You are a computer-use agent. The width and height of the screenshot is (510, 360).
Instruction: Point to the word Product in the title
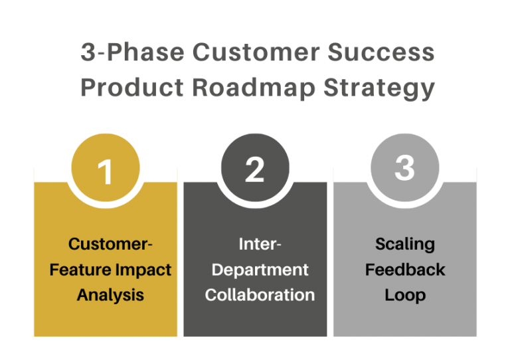tap(128, 88)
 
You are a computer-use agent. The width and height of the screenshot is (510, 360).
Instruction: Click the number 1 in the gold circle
tap(105, 171)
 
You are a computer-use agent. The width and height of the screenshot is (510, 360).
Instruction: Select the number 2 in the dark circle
tap(254, 171)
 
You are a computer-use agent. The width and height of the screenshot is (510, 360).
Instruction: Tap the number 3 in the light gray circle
tap(404, 168)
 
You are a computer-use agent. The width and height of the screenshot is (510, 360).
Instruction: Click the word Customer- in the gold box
tap(110, 244)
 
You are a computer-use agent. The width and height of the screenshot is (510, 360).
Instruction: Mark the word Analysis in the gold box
tap(110, 295)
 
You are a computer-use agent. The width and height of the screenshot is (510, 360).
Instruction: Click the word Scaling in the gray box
tap(404, 244)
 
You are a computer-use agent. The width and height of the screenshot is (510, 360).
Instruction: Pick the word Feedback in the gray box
tap(404, 270)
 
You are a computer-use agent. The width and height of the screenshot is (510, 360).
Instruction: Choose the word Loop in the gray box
tap(404, 295)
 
